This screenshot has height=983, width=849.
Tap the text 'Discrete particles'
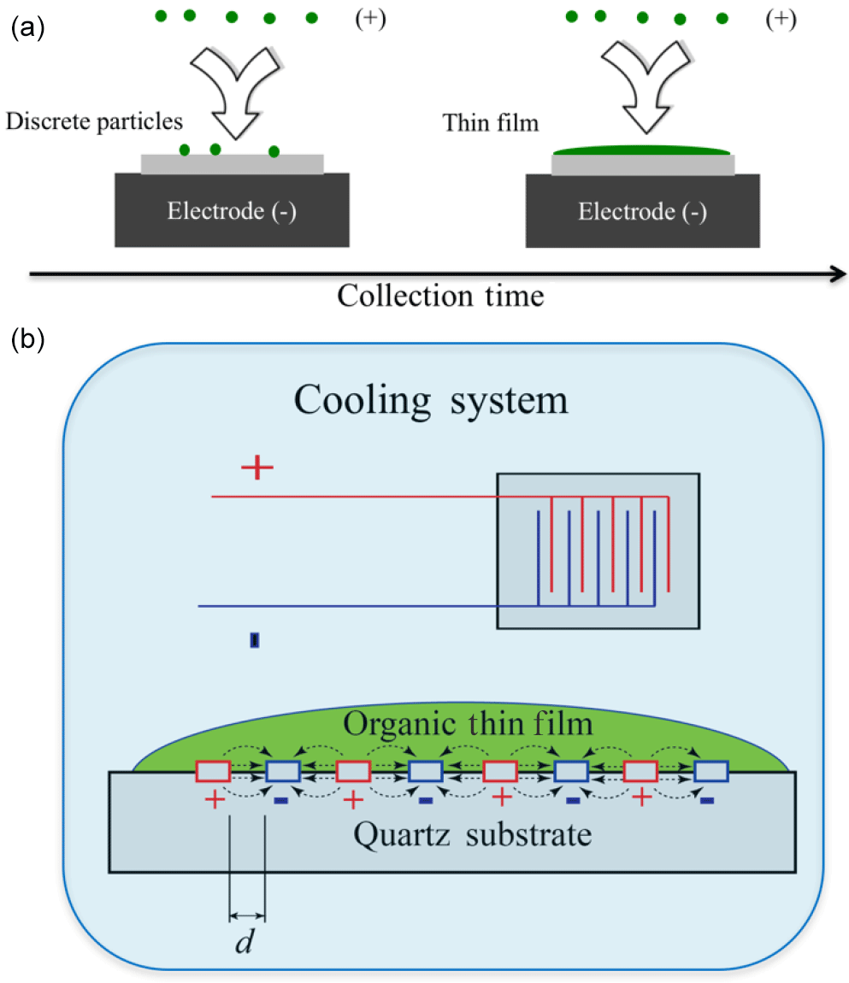coord(94,121)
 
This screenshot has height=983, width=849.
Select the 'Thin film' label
coord(491,122)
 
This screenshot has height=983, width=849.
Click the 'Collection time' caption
coord(440,296)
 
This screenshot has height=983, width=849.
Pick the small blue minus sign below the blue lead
coord(254,640)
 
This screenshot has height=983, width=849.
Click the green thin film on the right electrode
coord(642,151)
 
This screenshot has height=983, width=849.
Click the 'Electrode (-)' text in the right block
coord(642,211)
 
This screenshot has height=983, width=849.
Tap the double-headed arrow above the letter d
coord(248,918)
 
